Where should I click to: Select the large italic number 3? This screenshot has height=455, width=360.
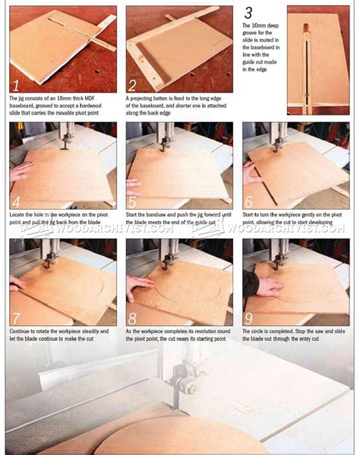[x=248, y=13]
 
